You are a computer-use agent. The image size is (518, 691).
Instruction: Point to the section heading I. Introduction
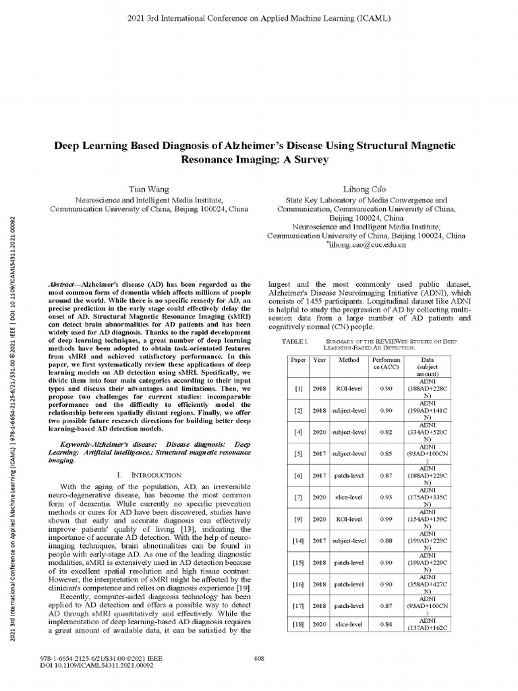pyautogui.click(x=146, y=476)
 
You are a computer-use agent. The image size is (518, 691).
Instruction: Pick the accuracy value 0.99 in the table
pyautogui.click(x=386, y=519)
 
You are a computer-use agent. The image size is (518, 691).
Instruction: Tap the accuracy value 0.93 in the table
pyautogui.click(x=386, y=497)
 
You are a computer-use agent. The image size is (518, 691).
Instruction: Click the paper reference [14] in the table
pyautogui.click(x=298, y=541)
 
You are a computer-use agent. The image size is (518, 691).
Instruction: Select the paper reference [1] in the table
pyautogui.click(x=298, y=389)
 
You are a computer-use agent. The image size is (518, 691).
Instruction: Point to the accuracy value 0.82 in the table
pyautogui.click(x=386, y=432)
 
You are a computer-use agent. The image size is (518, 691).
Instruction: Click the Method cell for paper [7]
pyautogui.click(x=349, y=497)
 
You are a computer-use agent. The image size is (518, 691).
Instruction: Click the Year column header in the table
pyautogui.click(x=320, y=360)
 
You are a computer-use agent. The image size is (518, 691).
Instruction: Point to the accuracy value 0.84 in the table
pyautogui.click(x=386, y=624)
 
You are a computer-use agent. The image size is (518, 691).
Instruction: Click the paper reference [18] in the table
pyautogui.click(x=298, y=624)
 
